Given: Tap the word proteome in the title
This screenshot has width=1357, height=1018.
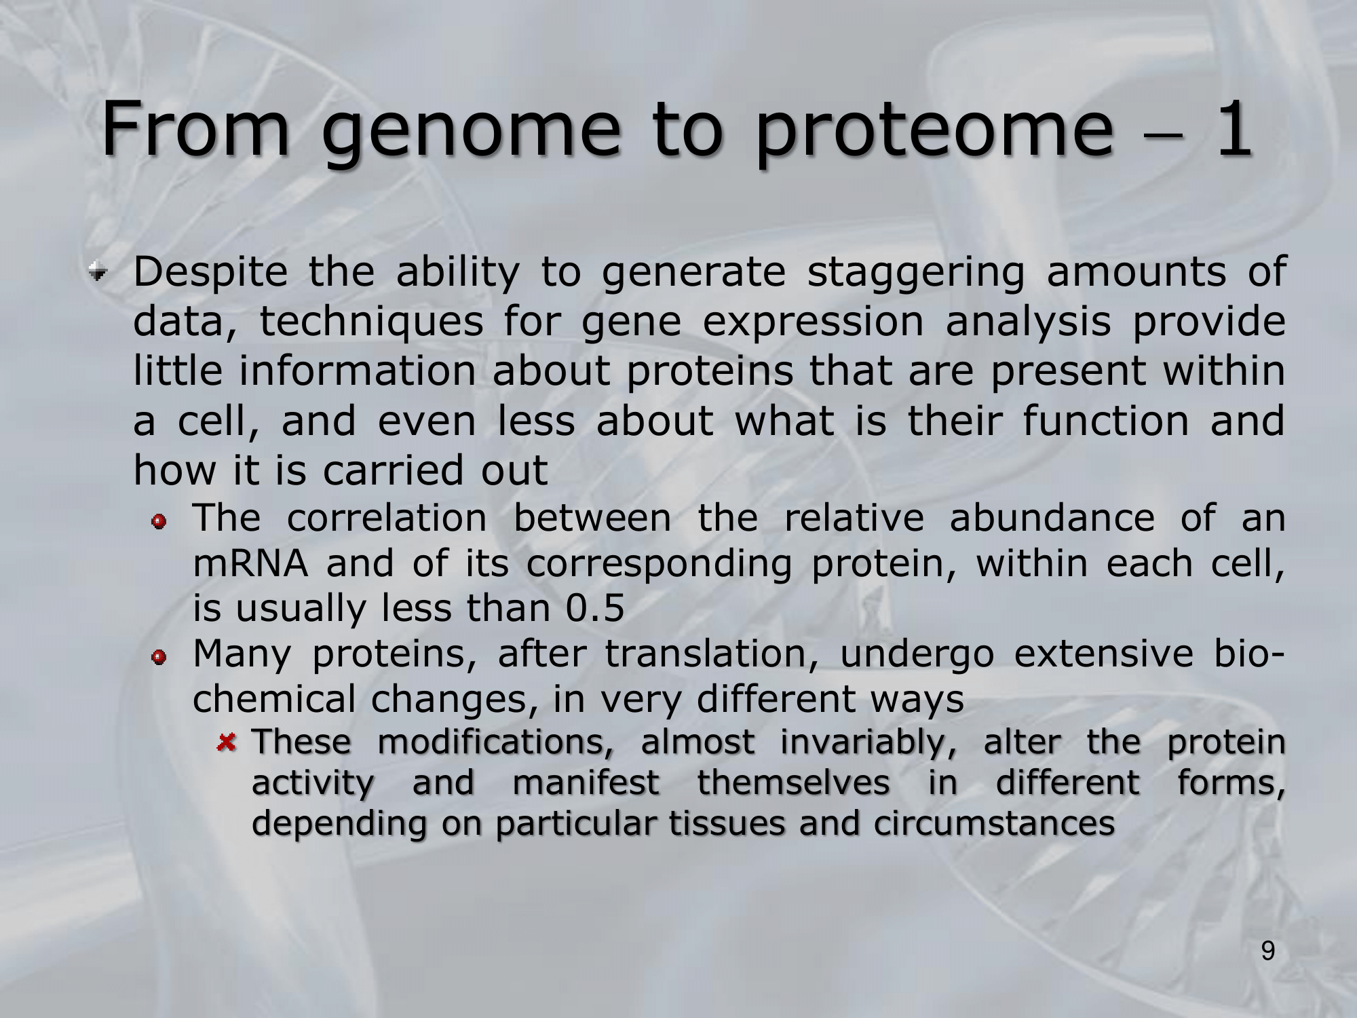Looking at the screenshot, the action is click(935, 132).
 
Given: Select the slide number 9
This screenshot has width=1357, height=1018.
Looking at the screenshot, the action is click(1268, 951).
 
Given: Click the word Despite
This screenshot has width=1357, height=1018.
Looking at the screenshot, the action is click(210, 273).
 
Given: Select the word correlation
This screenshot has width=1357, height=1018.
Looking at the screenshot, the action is click(387, 519).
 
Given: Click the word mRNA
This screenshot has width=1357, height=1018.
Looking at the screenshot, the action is click(250, 564).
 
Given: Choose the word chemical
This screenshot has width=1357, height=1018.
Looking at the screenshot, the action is click(274, 700).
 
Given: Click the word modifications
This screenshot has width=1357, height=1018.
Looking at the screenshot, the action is click(496, 742).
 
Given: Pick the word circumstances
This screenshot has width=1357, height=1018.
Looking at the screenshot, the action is click(994, 824).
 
